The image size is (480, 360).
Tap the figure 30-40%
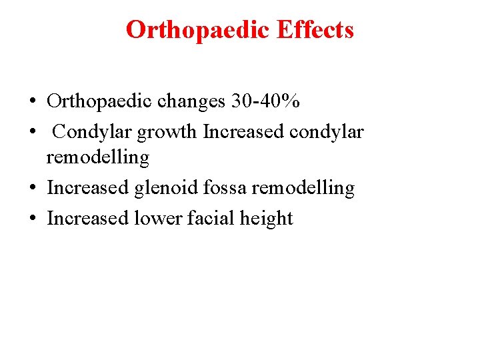pyautogui.click(x=265, y=101)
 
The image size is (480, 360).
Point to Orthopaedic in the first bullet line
pyautogui.click(x=100, y=101)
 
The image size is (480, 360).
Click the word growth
pyautogui.click(x=167, y=132)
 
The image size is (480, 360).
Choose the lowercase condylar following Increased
pyautogui.click(x=327, y=132)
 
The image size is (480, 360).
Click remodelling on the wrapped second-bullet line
pyautogui.click(x=97, y=157)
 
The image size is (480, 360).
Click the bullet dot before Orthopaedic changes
pyautogui.click(x=32, y=102)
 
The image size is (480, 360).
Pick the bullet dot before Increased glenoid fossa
pyautogui.click(x=32, y=189)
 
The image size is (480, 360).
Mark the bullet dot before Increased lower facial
pyautogui.click(x=32, y=219)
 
